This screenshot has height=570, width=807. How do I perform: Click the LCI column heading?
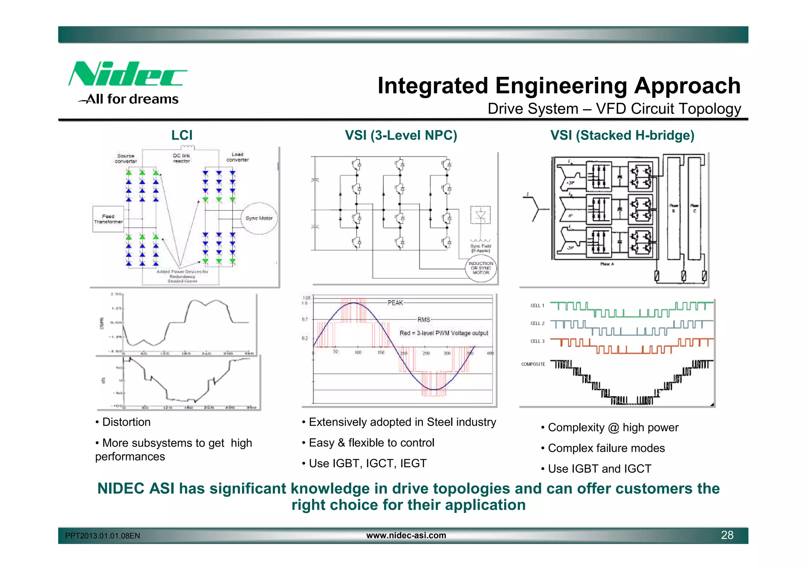182,136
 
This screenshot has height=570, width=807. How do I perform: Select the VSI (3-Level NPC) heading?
401,136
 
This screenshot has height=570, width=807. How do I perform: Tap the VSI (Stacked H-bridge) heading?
622,136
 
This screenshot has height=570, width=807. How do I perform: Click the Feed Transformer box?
108,219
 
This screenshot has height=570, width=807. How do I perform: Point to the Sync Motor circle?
259,218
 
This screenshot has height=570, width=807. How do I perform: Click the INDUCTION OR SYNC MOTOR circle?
481,268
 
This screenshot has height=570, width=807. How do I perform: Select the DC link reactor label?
182,158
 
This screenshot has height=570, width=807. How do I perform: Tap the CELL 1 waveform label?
537,306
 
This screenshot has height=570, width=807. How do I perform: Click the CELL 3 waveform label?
537,341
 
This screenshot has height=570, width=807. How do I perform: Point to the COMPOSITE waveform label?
533,364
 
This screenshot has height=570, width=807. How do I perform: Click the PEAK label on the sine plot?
395,303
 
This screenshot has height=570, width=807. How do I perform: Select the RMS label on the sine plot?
424,319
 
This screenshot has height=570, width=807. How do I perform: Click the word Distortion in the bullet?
126,422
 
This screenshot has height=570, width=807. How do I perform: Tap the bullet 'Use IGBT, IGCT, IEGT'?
367,464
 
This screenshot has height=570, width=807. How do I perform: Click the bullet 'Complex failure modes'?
606,448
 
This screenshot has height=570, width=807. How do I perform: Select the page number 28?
727,535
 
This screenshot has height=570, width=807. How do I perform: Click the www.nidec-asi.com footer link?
406,535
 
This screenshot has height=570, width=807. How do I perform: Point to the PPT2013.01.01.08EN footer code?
102,536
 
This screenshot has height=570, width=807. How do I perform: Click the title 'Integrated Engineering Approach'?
559,85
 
